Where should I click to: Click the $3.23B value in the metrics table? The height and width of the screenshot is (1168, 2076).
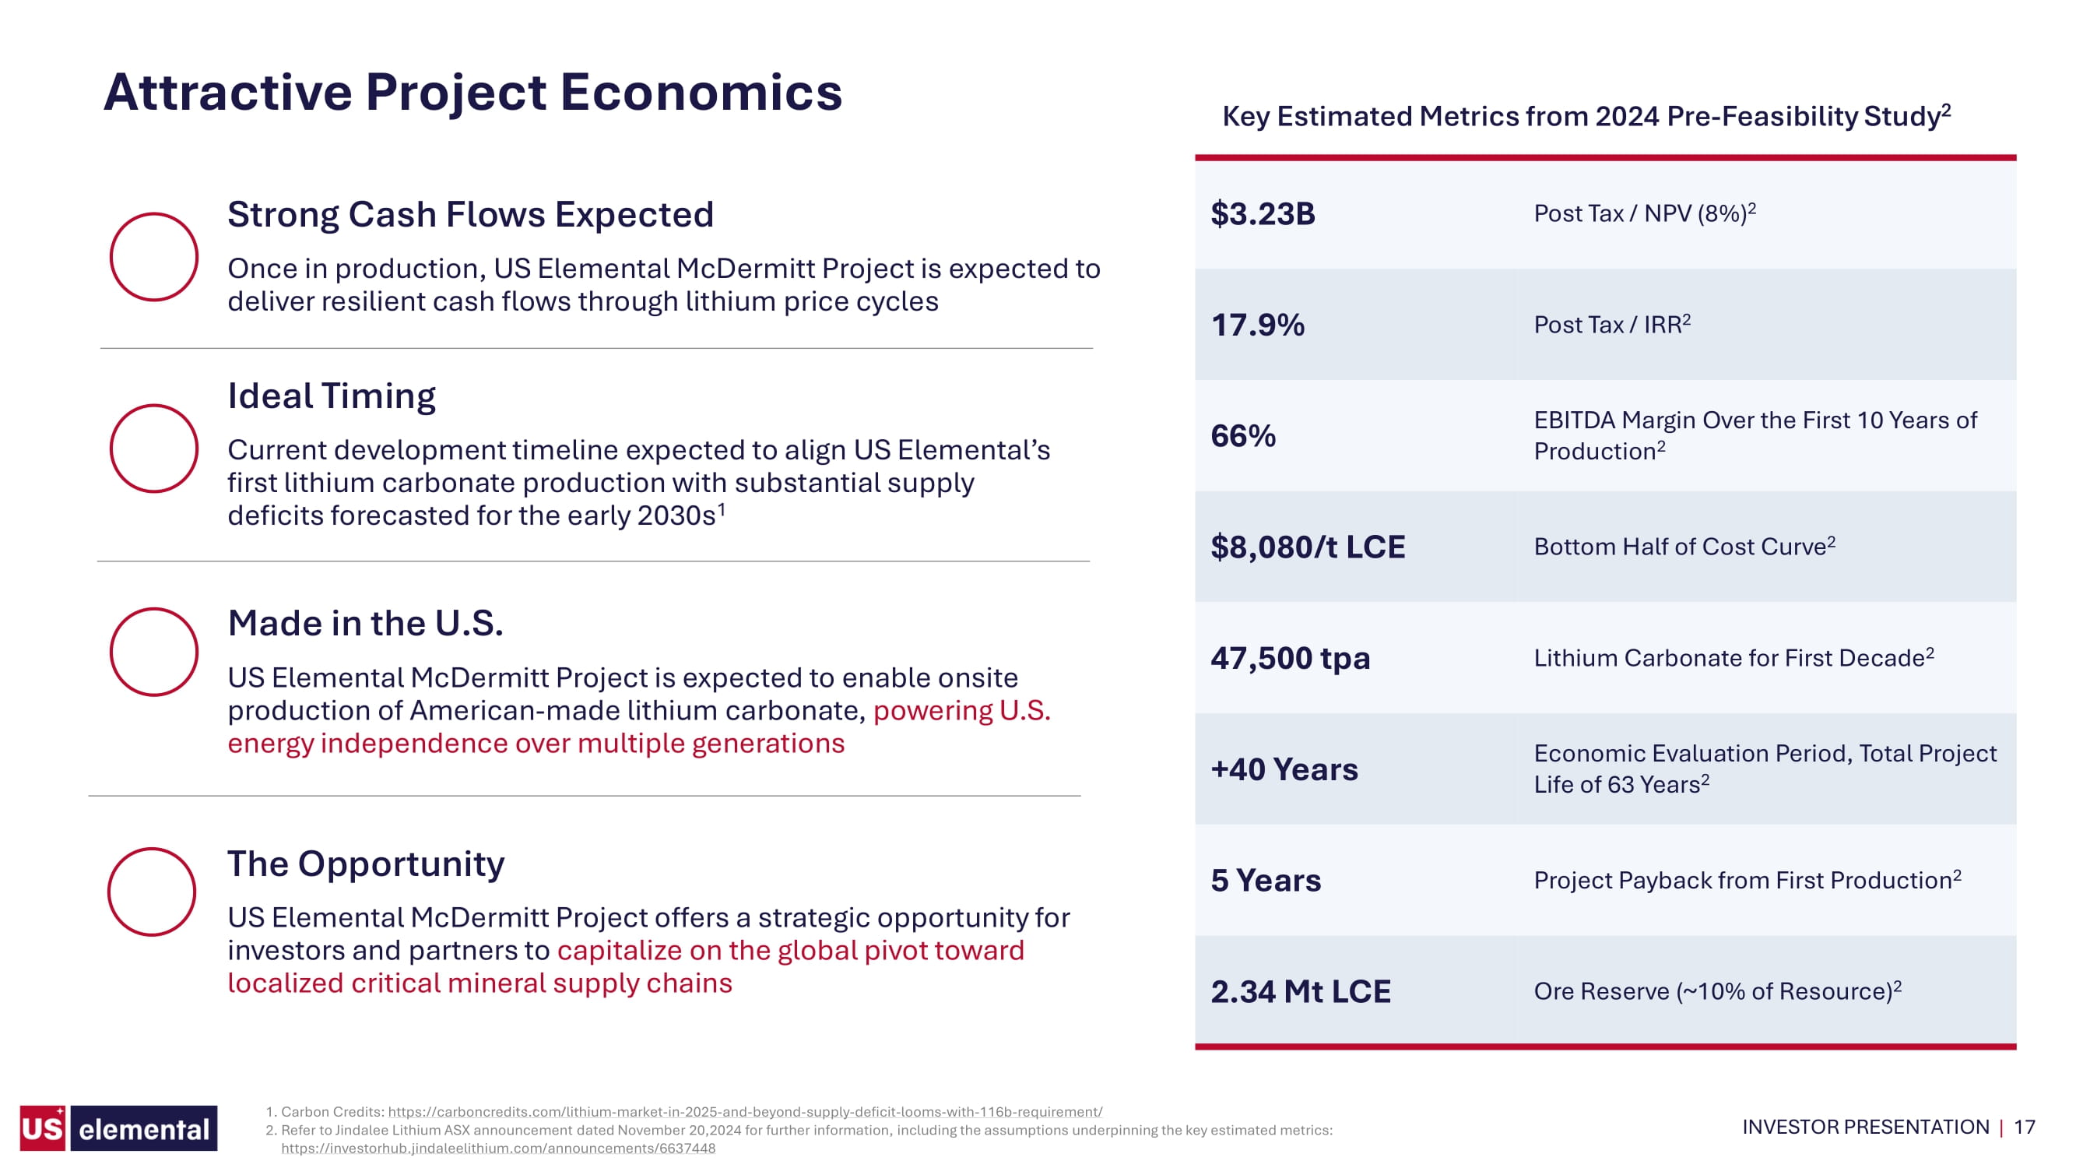[1262, 213]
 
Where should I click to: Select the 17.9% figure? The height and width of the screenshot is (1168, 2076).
[1257, 325]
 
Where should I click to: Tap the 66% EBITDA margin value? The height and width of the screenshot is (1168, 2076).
[1242, 436]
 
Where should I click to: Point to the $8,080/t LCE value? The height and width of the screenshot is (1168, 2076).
[1307, 547]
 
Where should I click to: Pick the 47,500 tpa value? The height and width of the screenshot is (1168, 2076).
[1290, 659]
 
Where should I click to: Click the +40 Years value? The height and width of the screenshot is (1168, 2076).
[1284, 770]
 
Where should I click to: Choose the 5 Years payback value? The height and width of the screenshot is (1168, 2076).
[1265, 881]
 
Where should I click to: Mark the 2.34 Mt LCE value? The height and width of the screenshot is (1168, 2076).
[1300, 991]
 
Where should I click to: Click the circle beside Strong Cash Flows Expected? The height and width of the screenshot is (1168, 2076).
[110, 257]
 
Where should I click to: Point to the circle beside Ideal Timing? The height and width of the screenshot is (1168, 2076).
[110, 449]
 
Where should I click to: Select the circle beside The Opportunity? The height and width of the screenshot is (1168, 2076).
[107, 892]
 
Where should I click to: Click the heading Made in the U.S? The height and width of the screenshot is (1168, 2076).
[365, 623]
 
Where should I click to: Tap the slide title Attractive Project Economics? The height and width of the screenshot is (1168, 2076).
[472, 92]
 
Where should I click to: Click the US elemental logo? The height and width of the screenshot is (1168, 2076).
[118, 1128]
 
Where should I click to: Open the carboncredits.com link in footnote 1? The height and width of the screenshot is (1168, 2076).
[746, 1112]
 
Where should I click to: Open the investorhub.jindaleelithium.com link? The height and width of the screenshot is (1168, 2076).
[498, 1149]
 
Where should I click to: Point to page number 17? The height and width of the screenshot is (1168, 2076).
[2025, 1127]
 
